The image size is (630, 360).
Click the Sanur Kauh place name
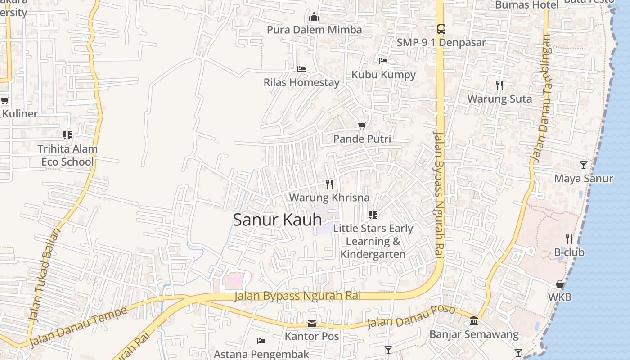click(277, 220)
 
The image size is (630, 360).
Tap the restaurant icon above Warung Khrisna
click(329, 184)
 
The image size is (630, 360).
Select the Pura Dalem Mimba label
click(314, 30)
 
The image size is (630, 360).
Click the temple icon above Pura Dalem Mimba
click(314, 17)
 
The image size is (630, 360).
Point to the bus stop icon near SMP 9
click(441, 29)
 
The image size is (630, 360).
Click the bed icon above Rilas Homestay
click(301, 69)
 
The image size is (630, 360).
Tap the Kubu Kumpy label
click(383, 75)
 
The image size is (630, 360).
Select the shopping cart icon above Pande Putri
click(362, 126)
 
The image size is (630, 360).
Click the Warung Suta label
click(499, 99)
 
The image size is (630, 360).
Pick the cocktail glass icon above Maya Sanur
click(583, 165)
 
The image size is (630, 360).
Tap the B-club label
click(569, 252)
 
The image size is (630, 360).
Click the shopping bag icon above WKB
click(560, 284)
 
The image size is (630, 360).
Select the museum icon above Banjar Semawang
click(474, 321)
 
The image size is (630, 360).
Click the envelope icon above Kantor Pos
click(311, 324)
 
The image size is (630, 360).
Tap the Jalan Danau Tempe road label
click(78, 327)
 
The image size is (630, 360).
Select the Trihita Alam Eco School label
click(67, 155)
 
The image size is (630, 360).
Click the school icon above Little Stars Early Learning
click(373, 215)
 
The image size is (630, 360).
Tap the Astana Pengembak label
click(261, 354)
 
